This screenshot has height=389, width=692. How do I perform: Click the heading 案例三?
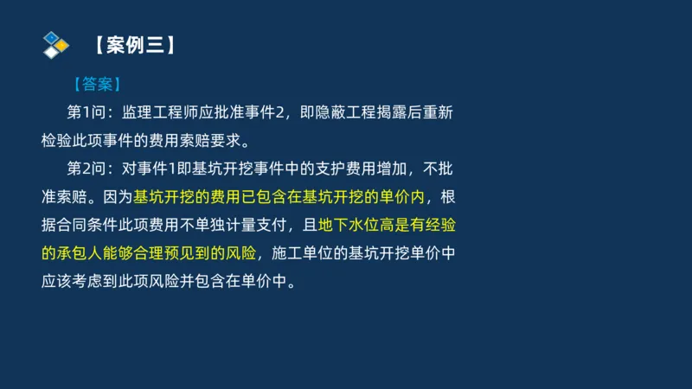click(x=136, y=44)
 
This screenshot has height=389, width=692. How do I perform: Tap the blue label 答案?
click(x=96, y=85)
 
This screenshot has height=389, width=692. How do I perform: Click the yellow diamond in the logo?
click(x=61, y=44)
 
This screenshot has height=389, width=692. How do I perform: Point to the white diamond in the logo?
click(x=52, y=52)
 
